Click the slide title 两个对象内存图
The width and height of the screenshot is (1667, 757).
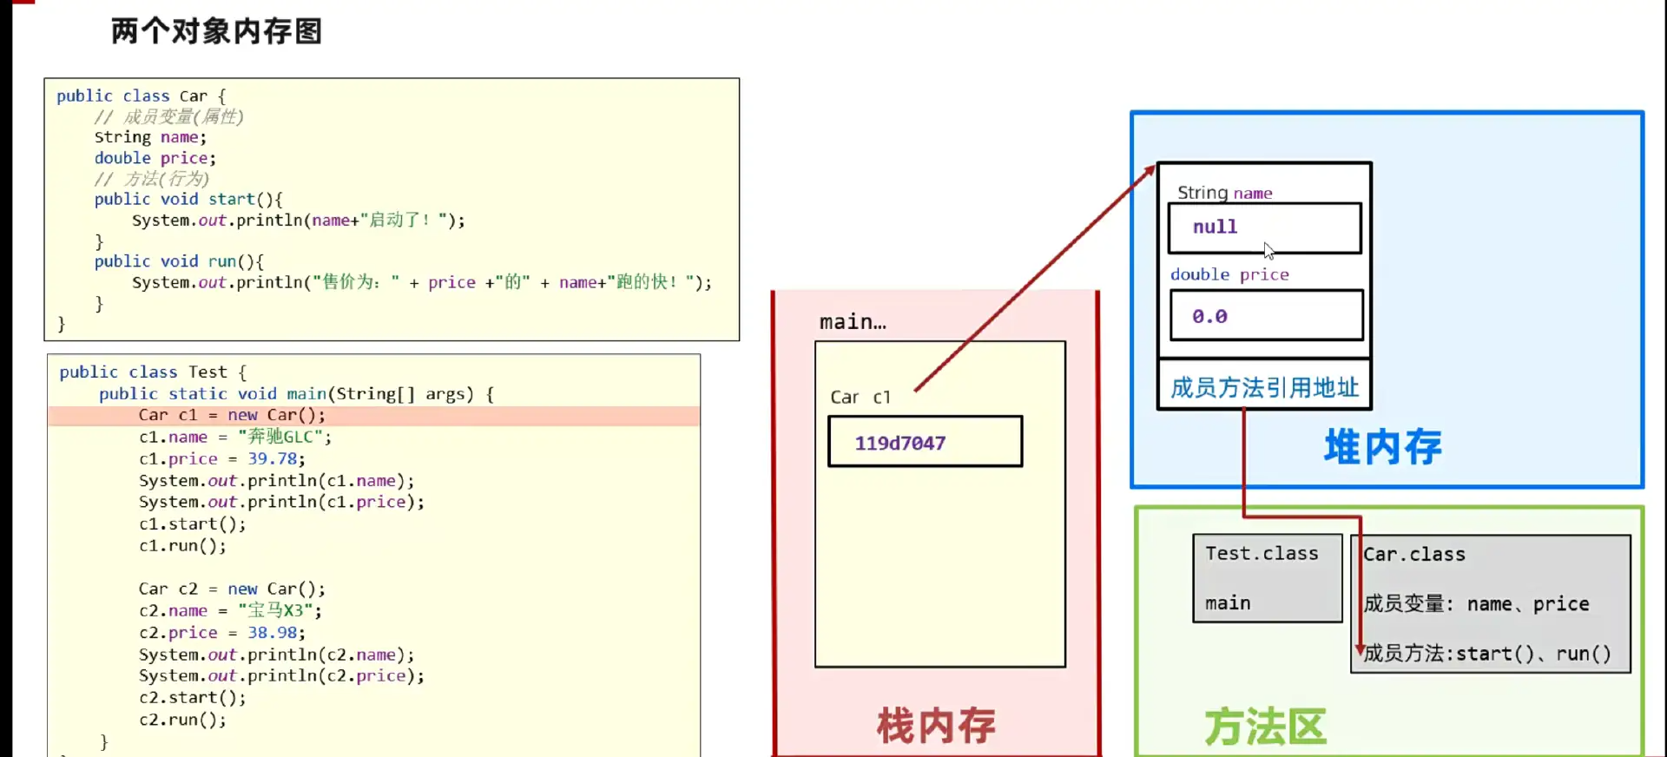[x=216, y=31]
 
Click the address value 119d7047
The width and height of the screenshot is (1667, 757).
[x=899, y=443]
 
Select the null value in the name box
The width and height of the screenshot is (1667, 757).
[x=1215, y=227]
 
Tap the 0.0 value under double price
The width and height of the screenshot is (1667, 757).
[x=1209, y=317]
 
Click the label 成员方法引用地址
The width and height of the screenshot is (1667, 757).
[x=1264, y=387]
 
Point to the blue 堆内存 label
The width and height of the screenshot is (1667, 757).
[x=1382, y=447]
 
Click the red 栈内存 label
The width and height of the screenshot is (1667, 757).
[x=936, y=725]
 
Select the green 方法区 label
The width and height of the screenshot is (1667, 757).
[x=1265, y=727]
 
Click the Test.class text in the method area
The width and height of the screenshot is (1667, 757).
[x=1262, y=554]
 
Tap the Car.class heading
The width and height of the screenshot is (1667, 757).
[x=1413, y=555]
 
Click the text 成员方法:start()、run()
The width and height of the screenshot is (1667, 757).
[x=1486, y=654]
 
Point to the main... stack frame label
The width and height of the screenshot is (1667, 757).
[x=853, y=322]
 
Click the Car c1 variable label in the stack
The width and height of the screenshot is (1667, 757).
[x=860, y=398]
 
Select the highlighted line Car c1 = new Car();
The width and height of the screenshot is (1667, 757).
[x=232, y=416]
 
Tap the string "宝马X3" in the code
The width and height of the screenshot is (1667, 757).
[x=275, y=611]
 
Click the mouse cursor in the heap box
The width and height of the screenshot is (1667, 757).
[x=1268, y=251]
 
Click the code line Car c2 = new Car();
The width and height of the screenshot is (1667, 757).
[x=232, y=589]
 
